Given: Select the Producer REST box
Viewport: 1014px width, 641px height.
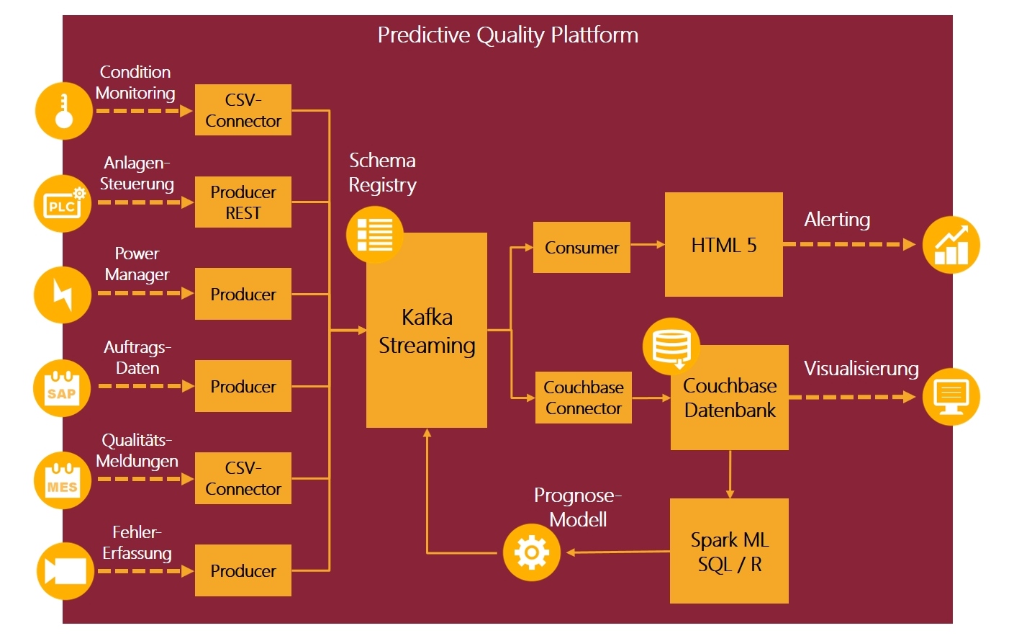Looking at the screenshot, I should (x=243, y=202).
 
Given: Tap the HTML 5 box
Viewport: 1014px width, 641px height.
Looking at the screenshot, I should (x=723, y=245).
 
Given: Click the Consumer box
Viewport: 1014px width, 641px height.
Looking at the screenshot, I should (x=581, y=248).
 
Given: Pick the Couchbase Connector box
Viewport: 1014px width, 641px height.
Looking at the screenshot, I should (x=583, y=398).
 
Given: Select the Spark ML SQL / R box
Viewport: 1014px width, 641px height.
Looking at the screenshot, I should (x=729, y=552).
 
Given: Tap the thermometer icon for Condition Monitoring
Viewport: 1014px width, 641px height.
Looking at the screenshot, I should (x=64, y=111).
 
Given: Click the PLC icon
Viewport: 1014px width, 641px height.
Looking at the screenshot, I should (x=63, y=204).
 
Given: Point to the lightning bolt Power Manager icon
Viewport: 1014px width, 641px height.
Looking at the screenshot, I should (x=63, y=294).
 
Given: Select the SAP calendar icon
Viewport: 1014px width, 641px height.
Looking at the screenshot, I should (x=62, y=388).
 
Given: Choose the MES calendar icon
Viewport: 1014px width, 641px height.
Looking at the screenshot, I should (x=63, y=480).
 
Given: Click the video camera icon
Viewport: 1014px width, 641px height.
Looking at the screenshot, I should (x=65, y=571).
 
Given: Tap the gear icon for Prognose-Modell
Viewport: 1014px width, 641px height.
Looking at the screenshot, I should (x=531, y=552).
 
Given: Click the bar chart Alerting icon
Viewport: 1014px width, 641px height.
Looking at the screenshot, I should (x=951, y=245).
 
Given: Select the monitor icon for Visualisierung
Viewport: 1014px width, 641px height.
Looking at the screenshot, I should (x=951, y=397).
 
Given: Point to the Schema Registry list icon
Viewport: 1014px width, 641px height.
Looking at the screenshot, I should (x=374, y=235).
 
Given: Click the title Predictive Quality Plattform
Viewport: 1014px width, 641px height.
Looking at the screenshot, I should (x=507, y=35).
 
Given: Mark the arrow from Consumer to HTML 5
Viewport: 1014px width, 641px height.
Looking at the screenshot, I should (x=647, y=245).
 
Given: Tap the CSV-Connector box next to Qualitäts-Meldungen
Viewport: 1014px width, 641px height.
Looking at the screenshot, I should (x=243, y=478).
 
